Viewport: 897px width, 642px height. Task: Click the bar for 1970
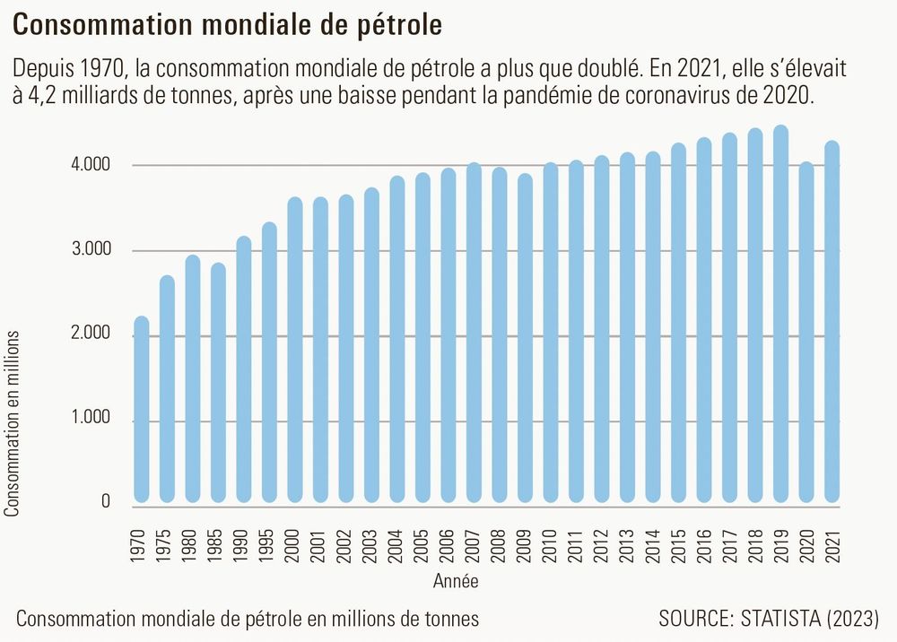pyautogui.click(x=141, y=410)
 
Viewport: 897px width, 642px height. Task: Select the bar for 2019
pyautogui.click(x=780, y=314)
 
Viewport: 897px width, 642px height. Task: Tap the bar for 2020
pyautogui.click(x=806, y=333)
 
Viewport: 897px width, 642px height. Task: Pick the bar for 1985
pyautogui.click(x=218, y=383)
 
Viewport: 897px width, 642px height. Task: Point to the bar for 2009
pyautogui.click(x=525, y=338)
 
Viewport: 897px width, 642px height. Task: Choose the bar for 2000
pyautogui.click(x=295, y=350)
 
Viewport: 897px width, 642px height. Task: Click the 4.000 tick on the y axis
pyautogui.click(x=90, y=166)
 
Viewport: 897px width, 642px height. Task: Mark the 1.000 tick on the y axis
pyautogui.click(x=90, y=418)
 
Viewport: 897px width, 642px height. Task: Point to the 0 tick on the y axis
pyautogui.click(x=105, y=502)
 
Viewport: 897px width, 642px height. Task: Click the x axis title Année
pyautogui.click(x=457, y=581)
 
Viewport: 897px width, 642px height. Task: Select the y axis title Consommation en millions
pyautogui.click(x=13, y=423)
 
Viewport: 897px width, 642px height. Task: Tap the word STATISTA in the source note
pyautogui.click(x=776, y=619)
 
